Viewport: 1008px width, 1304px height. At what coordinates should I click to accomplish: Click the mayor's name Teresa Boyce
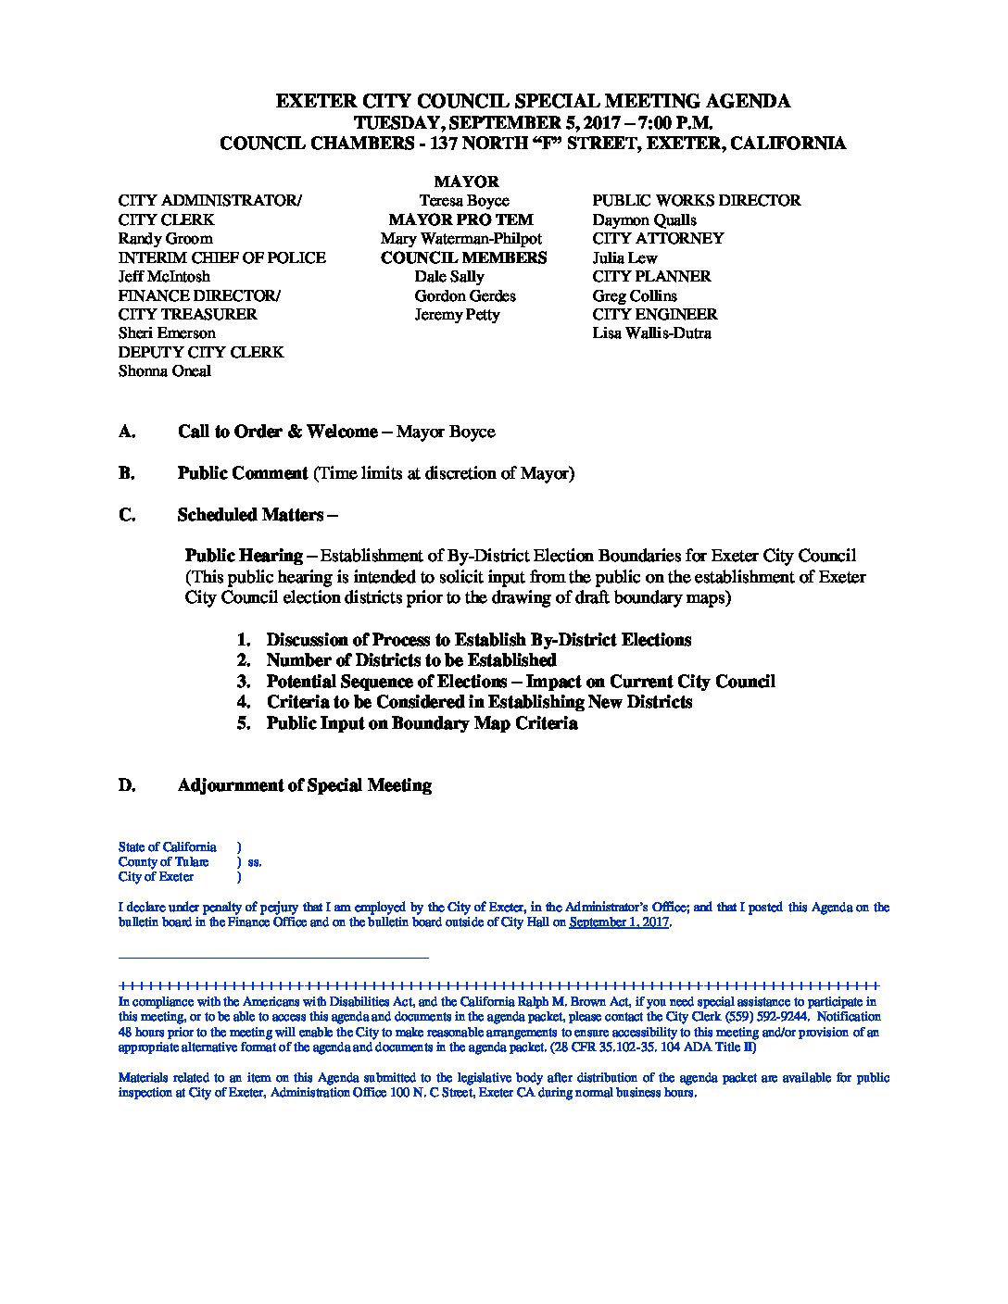click(x=463, y=200)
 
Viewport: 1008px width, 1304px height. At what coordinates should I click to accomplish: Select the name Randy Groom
click(x=165, y=238)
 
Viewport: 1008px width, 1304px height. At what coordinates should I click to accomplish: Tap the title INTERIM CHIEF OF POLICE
click(x=221, y=257)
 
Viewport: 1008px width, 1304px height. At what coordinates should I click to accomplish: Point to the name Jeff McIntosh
click(x=164, y=276)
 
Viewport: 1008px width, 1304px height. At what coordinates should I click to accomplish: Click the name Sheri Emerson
click(x=167, y=332)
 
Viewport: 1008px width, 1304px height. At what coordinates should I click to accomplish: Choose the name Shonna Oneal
click(x=164, y=370)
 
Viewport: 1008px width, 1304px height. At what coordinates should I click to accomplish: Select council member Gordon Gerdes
click(x=465, y=295)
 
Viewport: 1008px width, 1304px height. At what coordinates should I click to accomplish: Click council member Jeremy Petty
click(x=457, y=314)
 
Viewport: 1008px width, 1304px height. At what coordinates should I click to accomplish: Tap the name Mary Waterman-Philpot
click(x=460, y=238)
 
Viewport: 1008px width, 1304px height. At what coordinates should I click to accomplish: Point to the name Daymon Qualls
click(x=644, y=219)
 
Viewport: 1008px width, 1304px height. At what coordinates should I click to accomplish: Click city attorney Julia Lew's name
click(x=624, y=257)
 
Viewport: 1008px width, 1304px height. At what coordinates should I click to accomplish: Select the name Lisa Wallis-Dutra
click(x=651, y=332)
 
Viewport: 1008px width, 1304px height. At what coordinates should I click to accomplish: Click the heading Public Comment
click(x=243, y=473)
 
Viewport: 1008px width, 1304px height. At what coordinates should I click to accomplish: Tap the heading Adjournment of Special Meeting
click(x=304, y=785)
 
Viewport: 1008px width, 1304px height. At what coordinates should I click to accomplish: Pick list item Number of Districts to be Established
click(x=410, y=660)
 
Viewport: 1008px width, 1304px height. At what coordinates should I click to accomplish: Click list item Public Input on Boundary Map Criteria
click(x=422, y=723)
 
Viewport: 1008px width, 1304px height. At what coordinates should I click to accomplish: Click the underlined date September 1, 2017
click(x=618, y=922)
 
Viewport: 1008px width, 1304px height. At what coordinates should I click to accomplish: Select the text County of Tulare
click(x=163, y=861)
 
